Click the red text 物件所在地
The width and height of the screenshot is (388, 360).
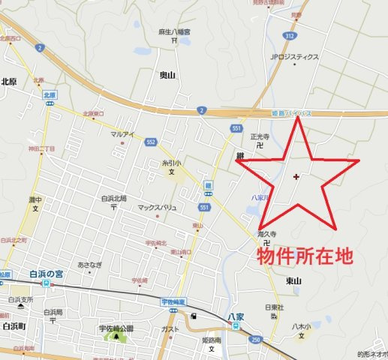tap(305, 258)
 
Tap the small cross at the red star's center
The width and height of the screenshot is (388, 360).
tap(296, 177)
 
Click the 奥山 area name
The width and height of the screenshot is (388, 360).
tap(169, 76)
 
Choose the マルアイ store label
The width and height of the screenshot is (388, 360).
tap(122, 134)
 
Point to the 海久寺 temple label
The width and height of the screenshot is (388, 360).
tap(268, 234)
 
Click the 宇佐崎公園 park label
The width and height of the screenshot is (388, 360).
tap(116, 329)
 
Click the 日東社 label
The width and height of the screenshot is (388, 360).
tap(274, 307)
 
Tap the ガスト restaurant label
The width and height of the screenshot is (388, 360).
tap(170, 330)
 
